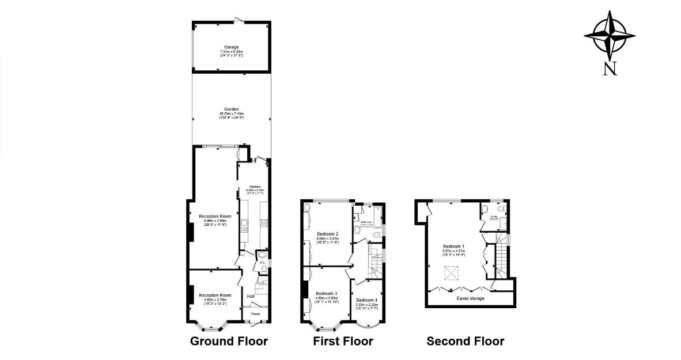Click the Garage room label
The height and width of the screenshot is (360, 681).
[232, 47]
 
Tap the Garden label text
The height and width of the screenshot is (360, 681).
[232, 109]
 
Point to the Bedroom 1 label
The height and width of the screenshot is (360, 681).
[454, 247]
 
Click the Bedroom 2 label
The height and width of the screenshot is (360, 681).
[327, 234]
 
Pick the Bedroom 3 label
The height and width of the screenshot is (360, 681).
[326, 294]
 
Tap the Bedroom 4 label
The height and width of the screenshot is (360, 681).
[366, 301]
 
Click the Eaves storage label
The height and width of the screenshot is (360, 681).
[470, 298]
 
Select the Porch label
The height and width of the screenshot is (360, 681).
[255, 314]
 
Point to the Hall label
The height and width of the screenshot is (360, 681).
[251, 297]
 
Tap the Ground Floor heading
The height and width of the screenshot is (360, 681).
[229, 341]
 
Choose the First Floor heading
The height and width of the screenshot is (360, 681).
[343, 341]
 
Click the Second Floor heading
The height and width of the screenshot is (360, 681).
[465, 341]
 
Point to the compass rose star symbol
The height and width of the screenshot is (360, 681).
[610, 36]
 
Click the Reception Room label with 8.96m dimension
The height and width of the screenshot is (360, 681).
[215, 217]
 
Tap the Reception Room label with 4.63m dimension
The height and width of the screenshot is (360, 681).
[215, 295]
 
